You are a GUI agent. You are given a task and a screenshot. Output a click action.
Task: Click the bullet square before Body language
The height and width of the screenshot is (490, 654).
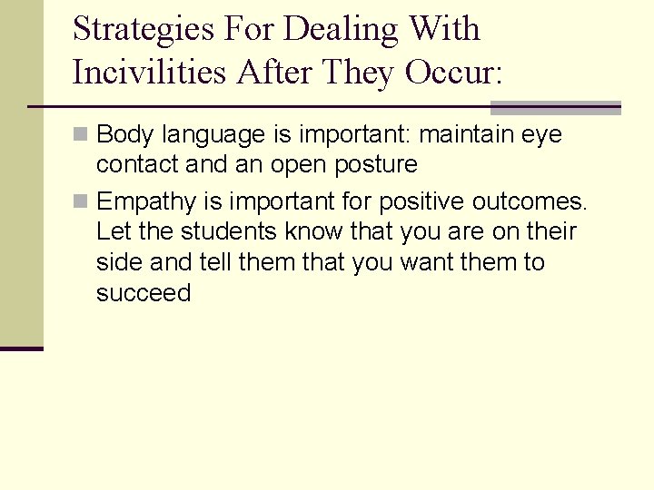[x=81, y=135]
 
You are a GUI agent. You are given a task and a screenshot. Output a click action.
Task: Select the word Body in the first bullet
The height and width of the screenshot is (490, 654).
[x=124, y=135]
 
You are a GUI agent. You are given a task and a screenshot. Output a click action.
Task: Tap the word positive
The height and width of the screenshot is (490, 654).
[x=427, y=201]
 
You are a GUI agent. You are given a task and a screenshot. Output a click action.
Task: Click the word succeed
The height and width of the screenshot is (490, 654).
[x=144, y=293]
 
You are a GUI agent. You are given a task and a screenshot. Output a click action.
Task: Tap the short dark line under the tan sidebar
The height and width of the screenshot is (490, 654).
[x=21, y=348]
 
